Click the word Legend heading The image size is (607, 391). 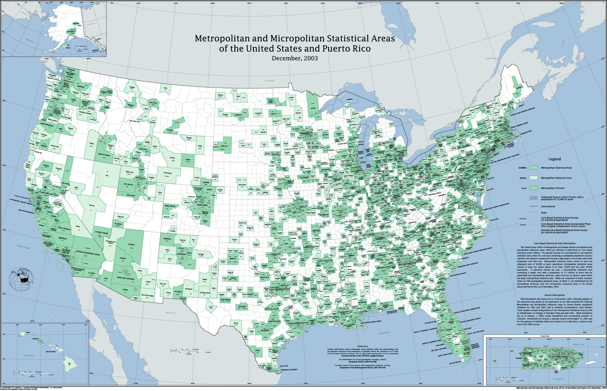[x=554, y=159]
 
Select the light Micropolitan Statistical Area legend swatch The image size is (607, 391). [x=534, y=178]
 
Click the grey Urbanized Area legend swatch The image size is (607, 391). [x=534, y=198]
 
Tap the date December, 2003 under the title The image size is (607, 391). [x=294, y=58]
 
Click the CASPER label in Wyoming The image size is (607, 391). [x=188, y=160]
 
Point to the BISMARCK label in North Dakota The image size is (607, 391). [x=237, y=114]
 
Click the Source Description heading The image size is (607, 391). [x=554, y=295]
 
